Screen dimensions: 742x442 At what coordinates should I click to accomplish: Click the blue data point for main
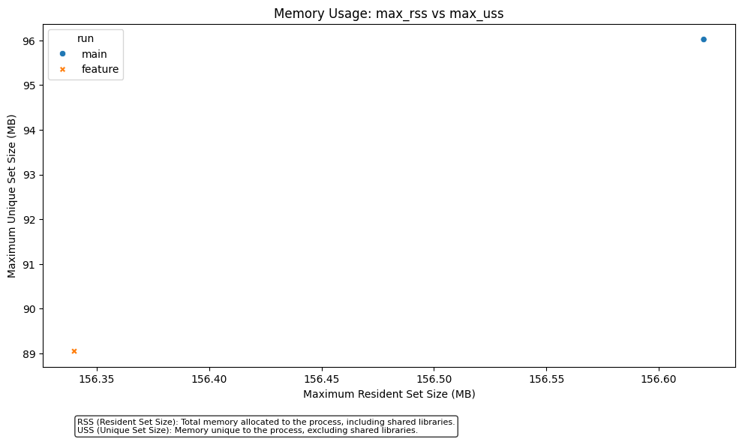[x=703, y=39]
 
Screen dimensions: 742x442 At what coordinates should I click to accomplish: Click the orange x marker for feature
[x=74, y=351]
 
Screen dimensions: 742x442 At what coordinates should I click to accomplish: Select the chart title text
[x=389, y=14]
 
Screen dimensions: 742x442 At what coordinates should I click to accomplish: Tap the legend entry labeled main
[x=94, y=54]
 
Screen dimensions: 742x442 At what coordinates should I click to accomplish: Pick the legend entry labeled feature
[x=100, y=69]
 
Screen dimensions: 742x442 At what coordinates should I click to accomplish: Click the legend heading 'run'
[x=86, y=38]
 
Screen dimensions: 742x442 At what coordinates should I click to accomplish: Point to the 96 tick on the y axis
[x=29, y=41]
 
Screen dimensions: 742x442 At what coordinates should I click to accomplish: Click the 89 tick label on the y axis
[x=29, y=353]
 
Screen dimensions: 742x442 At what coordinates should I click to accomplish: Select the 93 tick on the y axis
[x=29, y=175]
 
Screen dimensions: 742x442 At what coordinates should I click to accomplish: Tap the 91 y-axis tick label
[x=29, y=264]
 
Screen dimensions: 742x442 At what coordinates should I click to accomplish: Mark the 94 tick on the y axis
[x=29, y=130]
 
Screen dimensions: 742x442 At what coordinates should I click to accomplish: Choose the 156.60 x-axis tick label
[x=659, y=380]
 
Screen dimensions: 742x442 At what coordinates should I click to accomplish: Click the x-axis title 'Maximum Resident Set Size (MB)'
[x=389, y=394]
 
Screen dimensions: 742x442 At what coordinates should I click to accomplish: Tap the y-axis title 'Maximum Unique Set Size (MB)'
[x=12, y=196]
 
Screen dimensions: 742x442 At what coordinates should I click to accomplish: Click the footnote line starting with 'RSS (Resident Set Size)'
[x=266, y=422]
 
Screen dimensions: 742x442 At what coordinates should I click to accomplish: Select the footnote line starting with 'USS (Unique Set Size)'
[x=247, y=431]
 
